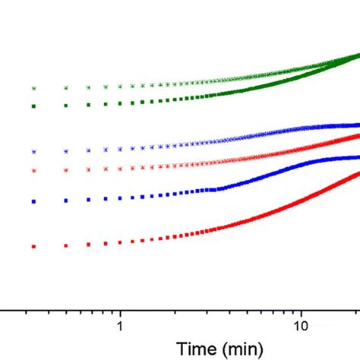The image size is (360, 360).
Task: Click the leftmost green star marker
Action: pos(33,89)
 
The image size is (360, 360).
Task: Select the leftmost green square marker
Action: pos(33,106)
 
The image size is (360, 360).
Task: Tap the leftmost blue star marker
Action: pos(33,152)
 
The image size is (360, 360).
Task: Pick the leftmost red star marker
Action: pos(33,170)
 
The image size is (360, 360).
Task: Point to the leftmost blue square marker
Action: pos(33,201)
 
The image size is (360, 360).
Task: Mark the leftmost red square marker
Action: pos(33,246)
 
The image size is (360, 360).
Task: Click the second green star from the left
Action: pos(66,88)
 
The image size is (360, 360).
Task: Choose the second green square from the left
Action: pos(66,105)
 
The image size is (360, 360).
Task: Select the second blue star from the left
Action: pos(66,151)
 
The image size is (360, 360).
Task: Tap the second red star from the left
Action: pos(66,169)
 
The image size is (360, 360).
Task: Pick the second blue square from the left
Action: pos(66,201)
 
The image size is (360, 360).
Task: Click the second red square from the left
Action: pos(66,245)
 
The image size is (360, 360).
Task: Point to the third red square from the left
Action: pos(89,245)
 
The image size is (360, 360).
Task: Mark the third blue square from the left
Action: pos(89,201)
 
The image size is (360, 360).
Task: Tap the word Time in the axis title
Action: pos(194,349)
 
